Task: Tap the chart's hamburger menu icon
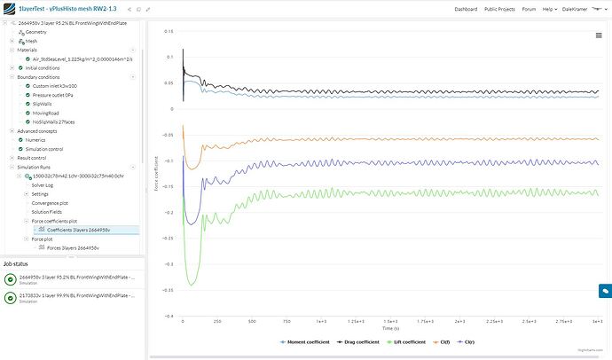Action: [599, 35]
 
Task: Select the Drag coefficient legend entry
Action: [363, 340]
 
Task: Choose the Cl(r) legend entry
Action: [484, 340]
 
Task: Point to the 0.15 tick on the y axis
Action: [168, 31]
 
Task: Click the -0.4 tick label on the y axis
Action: [168, 315]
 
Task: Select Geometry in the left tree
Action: [35, 31]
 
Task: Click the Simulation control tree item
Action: [45, 148]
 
